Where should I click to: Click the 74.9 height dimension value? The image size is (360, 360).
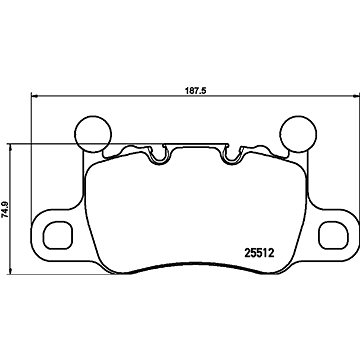click(x=5, y=209)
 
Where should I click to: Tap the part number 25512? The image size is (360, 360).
click(x=259, y=253)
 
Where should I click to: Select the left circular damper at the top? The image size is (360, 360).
click(x=93, y=134)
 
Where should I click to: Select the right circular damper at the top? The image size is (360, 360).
click(x=298, y=134)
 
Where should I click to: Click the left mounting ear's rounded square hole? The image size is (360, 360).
click(x=57, y=235)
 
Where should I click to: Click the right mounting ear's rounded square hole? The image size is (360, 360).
click(x=333, y=235)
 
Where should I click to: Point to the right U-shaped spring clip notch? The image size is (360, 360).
click(x=231, y=155)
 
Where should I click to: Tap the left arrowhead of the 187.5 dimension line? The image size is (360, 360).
click(x=34, y=96)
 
